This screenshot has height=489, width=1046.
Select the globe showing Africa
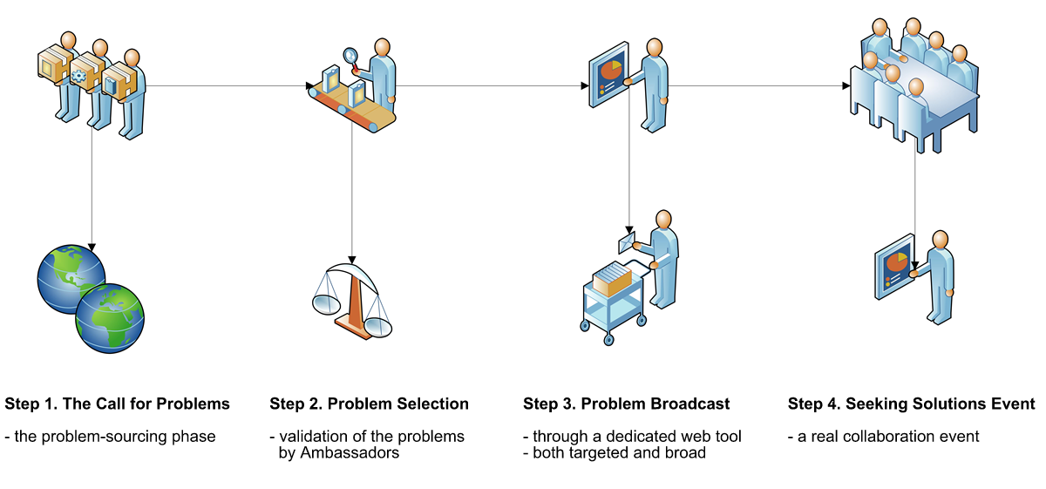click(x=110, y=318)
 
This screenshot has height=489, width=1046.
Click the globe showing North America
click(x=71, y=279)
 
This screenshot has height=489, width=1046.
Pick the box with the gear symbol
click(x=87, y=71)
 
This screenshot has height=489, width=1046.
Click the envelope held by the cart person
click(x=626, y=243)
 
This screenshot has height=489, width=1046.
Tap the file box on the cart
click(x=612, y=278)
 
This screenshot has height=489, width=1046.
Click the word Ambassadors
click(x=338, y=452)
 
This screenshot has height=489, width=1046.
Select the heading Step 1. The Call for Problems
click(x=117, y=404)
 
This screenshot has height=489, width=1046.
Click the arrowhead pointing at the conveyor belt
click(x=309, y=85)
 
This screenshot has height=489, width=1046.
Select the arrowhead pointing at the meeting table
click(x=846, y=85)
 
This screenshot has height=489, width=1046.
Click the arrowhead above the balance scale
click(x=352, y=260)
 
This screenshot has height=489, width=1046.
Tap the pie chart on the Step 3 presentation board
click(x=610, y=70)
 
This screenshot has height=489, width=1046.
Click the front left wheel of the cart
click(x=608, y=340)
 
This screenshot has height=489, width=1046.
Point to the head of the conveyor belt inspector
click(x=383, y=48)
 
